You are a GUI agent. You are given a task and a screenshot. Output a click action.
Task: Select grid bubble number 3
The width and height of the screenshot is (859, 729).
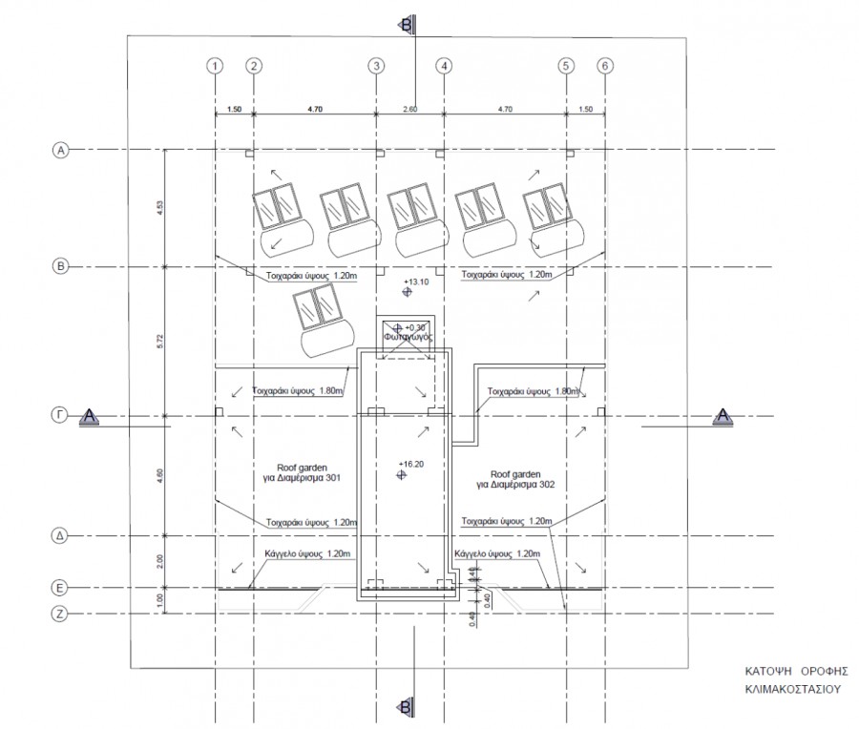pyautogui.click(x=376, y=66)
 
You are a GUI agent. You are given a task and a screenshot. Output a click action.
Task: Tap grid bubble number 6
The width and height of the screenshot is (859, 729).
pyautogui.click(x=604, y=66)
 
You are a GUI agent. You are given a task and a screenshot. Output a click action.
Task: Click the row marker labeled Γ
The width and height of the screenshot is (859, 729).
pyautogui.click(x=60, y=415)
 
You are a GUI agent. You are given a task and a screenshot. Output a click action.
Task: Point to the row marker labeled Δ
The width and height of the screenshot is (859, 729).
pyautogui.click(x=60, y=537)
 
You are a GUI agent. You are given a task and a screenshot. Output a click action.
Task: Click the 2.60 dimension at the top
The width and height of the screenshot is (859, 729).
pyautogui.click(x=409, y=111)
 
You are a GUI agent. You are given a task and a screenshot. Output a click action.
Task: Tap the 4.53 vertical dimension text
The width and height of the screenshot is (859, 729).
pyautogui.click(x=158, y=207)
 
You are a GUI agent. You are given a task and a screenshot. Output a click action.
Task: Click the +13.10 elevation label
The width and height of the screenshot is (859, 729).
pyautogui.click(x=417, y=282)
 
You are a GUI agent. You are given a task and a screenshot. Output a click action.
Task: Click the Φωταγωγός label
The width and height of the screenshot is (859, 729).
pyautogui.click(x=409, y=337)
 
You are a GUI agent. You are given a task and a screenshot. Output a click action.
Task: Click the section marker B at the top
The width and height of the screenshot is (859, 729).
pyautogui.click(x=407, y=23)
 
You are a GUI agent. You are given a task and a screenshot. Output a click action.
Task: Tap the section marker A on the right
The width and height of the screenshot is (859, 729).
pyautogui.click(x=723, y=415)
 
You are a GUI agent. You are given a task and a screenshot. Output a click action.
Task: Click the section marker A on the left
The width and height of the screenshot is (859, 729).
pyautogui.click(x=90, y=415)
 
